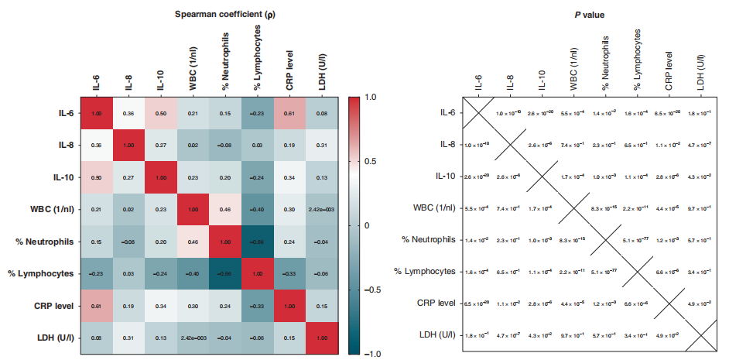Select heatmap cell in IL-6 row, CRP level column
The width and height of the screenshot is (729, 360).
click(x=289, y=114)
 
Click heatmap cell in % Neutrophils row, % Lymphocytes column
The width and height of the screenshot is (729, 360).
click(x=257, y=241)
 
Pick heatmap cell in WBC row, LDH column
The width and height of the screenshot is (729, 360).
click(x=321, y=209)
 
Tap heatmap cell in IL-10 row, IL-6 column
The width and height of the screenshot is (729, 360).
click(x=97, y=177)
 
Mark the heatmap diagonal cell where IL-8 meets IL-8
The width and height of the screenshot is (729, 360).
click(x=128, y=146)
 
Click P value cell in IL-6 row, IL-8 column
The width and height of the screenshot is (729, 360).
click(x=508, y=114)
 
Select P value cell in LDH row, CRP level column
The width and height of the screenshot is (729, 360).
click(x=667, y=335)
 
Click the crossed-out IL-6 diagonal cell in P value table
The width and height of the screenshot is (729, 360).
click(x=477, y=114)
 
